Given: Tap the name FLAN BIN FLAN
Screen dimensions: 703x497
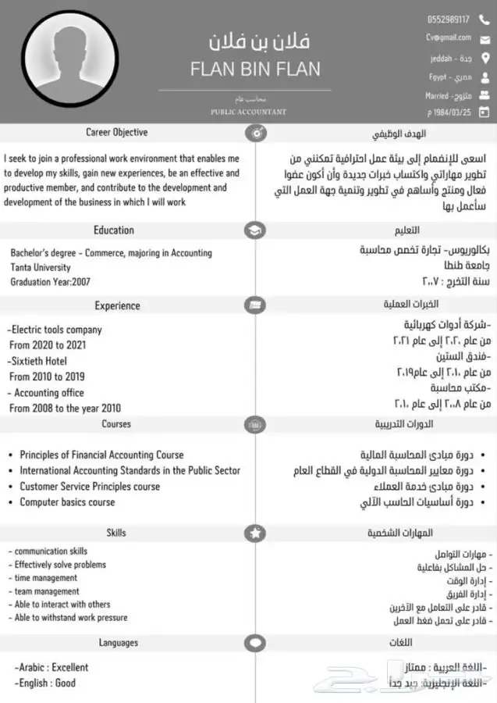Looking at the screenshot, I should (x=255, y=69).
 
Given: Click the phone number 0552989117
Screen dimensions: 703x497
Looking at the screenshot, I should (x=449, y=20).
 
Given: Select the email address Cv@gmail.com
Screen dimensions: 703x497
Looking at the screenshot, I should (x=449, y=37).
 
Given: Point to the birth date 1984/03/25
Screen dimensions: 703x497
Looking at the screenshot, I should (x=450, y=112).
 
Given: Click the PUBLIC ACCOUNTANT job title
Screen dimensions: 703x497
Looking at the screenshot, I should (x=248, y=112).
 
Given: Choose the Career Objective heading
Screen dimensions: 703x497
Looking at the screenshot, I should (x=116, y=133).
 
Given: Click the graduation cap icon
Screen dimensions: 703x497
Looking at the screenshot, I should (x=255, y=230).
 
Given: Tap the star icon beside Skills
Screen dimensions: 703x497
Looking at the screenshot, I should (x=255, y=533).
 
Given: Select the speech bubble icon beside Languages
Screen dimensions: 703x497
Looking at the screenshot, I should (x=255, y=644).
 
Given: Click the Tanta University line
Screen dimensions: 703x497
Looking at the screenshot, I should (x=41, y=267).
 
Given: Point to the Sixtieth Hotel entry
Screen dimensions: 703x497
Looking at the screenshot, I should (x=38, y=361).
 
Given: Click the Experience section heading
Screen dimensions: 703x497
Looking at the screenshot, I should (x=117, y=306).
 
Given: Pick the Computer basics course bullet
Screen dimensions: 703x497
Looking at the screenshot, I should (x=67, y=502).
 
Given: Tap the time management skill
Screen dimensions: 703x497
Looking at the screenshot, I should (x=45, y=578).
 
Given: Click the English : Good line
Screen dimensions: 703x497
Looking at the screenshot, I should (x=45, y=683).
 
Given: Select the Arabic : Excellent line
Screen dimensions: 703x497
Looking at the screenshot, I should (x=51, y=667).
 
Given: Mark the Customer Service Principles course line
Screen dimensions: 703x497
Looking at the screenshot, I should (x=90, y=486).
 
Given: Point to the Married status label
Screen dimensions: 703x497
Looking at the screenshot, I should (x=437, y=96).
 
